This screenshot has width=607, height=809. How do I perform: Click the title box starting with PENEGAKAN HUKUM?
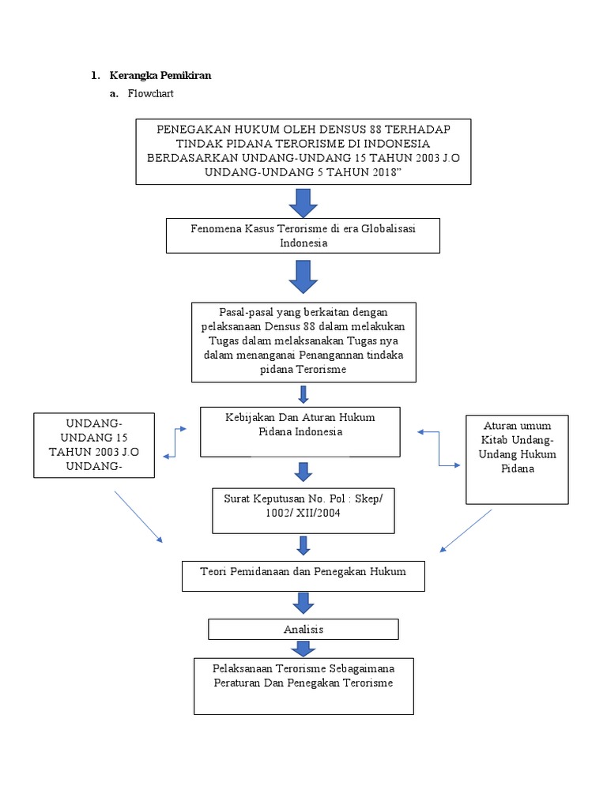click(303, 152)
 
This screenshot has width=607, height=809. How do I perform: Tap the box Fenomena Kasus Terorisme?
click(303, 235)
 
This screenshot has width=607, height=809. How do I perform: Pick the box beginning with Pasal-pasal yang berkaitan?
click(303, 341)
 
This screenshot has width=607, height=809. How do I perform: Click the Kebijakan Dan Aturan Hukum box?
click(300, 431)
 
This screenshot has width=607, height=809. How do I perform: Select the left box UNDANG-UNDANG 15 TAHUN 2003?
click(94, 445)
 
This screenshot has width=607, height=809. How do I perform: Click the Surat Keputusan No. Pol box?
click(303, 510)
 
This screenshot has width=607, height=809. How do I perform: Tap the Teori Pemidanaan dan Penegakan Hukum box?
click(303, 575)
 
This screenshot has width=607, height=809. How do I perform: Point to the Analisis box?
click(303, 629)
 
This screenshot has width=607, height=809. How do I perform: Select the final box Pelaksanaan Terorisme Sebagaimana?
click(303, 684)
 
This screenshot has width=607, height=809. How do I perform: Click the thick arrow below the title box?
click(303, 202)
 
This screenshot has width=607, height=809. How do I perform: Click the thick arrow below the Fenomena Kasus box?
click(303, 277)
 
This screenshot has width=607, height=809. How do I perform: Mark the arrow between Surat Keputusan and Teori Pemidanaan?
click(303, 546)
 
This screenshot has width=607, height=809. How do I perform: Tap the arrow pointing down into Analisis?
click(303, 604)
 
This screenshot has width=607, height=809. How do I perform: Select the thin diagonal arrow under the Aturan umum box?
click(466, 529)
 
